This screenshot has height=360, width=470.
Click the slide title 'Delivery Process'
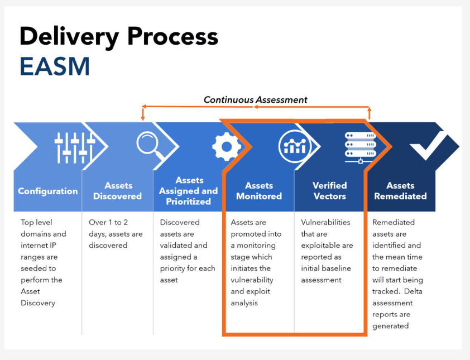click(118, 37)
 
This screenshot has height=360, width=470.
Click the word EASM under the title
click(55, 66)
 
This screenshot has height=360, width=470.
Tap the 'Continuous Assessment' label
click(255, 100)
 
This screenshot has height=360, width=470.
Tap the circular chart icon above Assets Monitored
click(294, 146)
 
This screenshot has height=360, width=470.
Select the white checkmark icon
click(428, 146)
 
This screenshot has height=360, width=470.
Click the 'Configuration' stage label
click(48, 191)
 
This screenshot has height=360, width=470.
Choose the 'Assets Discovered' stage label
click(118, 191)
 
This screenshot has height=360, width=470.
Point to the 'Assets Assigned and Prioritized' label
click(189, 191)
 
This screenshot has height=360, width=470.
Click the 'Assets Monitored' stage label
click(259, 191)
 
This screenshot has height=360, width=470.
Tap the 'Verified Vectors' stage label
click(329, 191)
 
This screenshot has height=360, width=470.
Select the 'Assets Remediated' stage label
click(400, 191)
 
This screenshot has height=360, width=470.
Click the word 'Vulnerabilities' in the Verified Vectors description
click(325, 222)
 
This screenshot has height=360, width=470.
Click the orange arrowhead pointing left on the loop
click(144, 106)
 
